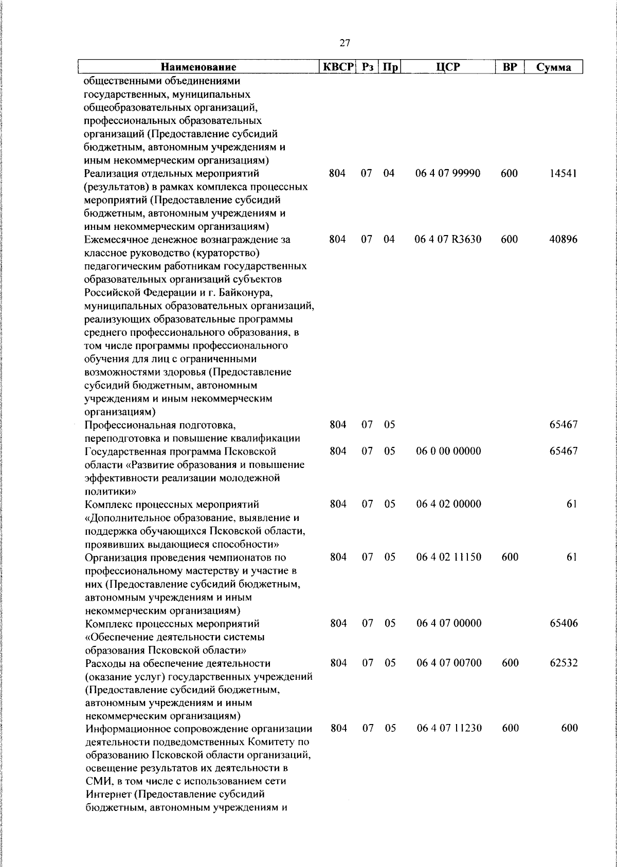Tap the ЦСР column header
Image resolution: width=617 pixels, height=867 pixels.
[x=447, y=67]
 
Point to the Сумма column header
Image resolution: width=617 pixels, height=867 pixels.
[x=553, y=67]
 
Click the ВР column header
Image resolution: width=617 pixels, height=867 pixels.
[x=509, y=67]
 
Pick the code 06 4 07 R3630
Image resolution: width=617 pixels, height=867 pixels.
[x=448, y=239]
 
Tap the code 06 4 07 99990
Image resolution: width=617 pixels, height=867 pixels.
[x=448, y=173]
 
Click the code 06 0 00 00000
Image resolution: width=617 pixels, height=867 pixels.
[x=448, y=451]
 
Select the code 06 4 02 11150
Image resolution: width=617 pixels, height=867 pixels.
[x=448, y=557]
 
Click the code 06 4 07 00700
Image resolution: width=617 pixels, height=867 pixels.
[x=448, y=663]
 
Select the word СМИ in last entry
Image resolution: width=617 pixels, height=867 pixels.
[x=97, y=781]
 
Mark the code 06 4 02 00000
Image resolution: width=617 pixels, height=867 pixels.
[x=448, y=504]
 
